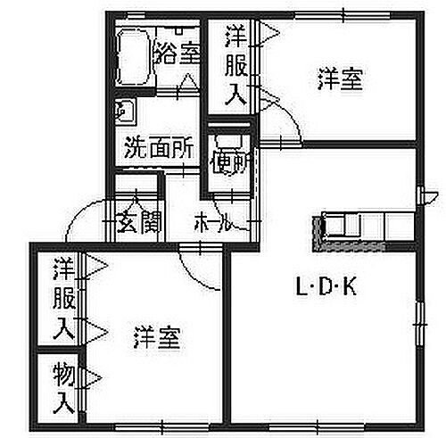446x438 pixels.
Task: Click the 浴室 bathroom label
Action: [x=178, y=54]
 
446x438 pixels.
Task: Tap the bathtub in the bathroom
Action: [x=135, y=57]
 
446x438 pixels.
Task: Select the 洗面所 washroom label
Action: [x=159, y=147]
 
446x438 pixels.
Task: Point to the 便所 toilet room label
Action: [x=229, y=162]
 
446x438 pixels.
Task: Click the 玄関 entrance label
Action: [x=139, y=222]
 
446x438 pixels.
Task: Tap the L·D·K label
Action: [x=326, y=287]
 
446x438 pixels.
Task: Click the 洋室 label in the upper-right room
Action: [x=341, y=79]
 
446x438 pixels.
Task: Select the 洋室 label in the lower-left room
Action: [x=157, y=337]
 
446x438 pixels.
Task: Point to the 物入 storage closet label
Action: [x=63, y=387]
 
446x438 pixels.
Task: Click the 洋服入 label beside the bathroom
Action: [x=235, y=65]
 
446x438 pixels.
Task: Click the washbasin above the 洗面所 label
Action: [x=126, y=112]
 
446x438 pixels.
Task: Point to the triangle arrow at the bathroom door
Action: [x=188, y=81]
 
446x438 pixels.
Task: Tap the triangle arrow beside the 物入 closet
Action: [x=94, y=378]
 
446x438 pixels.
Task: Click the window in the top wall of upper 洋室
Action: [x=343, y=15]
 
